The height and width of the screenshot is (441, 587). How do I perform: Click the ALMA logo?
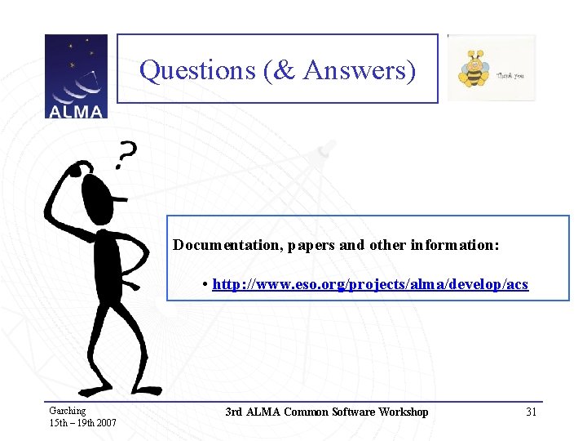point(76,76)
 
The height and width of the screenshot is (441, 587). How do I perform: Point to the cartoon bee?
point(473,69)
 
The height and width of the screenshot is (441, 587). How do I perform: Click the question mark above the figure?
point(126,153)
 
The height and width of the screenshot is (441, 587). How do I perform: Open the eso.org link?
point(370,284)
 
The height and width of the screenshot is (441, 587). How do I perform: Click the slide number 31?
point(531,412)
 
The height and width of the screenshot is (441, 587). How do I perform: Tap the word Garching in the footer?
point(68,411)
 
